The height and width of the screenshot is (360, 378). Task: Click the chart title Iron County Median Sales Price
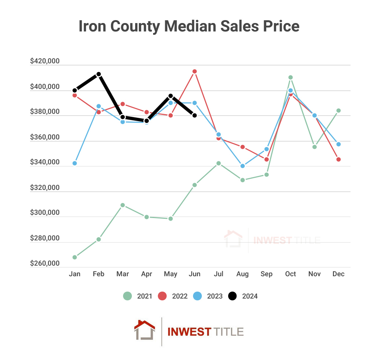(189, 27)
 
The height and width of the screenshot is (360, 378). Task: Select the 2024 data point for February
(99, 74)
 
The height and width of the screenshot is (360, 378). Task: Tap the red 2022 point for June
(194, 71)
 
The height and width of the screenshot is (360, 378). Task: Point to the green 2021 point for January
(75, 257)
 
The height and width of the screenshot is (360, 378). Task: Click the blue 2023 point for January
(75, 163)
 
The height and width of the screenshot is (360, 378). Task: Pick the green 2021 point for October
(290, 77)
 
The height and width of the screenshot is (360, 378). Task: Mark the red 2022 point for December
(338, 160)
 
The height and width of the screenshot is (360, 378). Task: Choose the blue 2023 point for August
(242, 166)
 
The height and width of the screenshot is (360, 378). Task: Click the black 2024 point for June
(194, 116)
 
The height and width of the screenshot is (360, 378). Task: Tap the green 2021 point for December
(338, 110)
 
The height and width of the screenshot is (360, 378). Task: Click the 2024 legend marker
(232, 296)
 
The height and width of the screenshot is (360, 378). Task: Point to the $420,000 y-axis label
(45, 61)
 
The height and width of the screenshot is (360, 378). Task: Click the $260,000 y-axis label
(45, 263)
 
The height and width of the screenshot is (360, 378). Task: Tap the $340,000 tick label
(45, 162)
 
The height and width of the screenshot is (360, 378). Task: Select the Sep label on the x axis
(267, 274)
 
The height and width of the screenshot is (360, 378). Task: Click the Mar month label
(122, 274)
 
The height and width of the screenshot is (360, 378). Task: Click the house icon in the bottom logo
(145, 330)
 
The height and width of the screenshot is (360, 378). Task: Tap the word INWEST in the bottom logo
(189, 332)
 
